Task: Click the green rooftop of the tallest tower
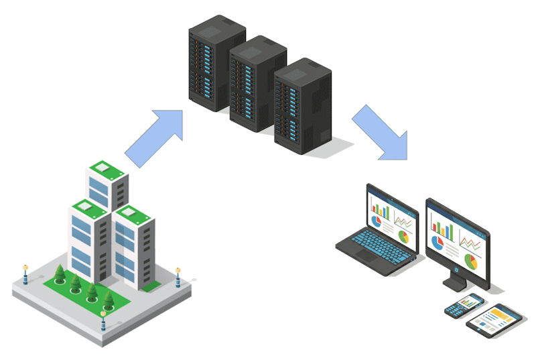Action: tap(107, 167)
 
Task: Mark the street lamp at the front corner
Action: tap(103, 320)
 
